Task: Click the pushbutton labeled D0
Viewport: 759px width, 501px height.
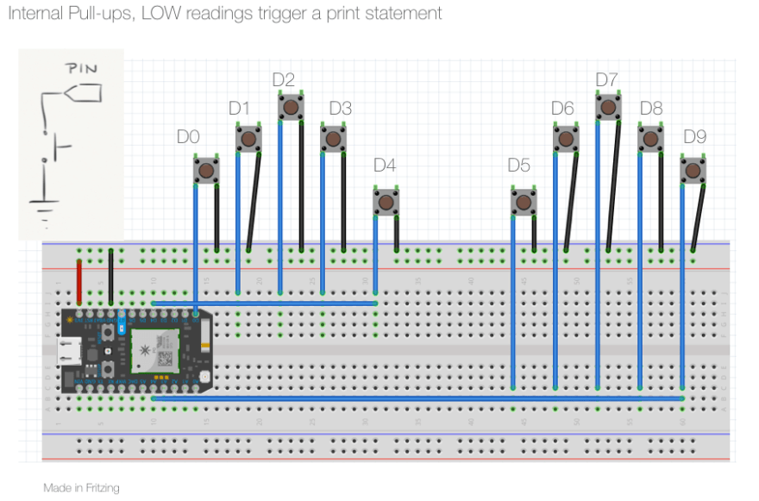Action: click(206, 171)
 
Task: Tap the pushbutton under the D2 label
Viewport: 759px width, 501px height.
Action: click(291, 107)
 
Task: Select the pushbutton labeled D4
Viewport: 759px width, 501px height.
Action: click(386, 202)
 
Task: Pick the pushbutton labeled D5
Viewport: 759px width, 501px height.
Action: click(523, 203)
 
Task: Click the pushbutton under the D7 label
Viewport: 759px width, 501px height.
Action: click(608, 107)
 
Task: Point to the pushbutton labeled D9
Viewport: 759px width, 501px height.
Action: click(693, 170)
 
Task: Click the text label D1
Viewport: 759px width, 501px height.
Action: click(239, 109)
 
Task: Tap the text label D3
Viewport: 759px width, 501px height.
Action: click(341, 109)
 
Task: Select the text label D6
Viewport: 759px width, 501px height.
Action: click(562, 109)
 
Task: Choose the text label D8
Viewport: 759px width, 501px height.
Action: click(651, 109)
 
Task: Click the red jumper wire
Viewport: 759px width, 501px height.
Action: click(79, 280)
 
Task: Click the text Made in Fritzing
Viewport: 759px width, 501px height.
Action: click(81, 488)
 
